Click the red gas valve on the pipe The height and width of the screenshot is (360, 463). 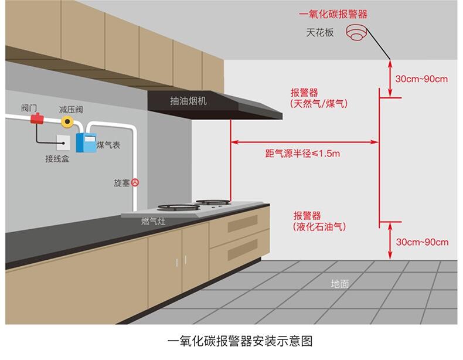[x=37, y=118]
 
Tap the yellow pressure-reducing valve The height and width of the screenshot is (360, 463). [x=67, y=122]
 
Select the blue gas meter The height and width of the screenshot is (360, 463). [x=86, y=142]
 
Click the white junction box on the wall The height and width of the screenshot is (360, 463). [x=63, y=142]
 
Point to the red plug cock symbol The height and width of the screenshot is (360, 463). [x=135, y=182]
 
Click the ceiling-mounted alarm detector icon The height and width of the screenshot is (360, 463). [x=357, y=32]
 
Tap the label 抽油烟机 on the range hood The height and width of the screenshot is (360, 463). [x=188, y=101]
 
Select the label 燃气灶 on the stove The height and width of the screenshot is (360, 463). [x=153, y=221]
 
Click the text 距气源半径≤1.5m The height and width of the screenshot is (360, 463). [x=302, y=153]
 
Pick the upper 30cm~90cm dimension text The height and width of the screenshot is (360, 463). [x=421, y=79]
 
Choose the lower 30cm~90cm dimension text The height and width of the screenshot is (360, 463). [x=422, y=242]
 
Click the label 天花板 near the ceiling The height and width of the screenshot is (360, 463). [x=320, y=32]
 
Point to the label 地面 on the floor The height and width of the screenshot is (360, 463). [x=340, y=284]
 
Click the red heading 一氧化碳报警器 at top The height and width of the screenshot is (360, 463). [x=333, y=14]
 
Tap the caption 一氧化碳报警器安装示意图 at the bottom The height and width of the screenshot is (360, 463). [x=240, y=341]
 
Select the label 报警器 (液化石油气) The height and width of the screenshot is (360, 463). [x=319, y=221]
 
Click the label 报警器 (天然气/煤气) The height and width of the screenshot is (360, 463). [x=319, y=98]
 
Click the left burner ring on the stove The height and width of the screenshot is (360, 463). [x=179, y=208]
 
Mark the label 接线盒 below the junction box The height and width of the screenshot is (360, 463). [x=57, y=159]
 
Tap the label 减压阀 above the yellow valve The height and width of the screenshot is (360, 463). [x=71, y=110]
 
